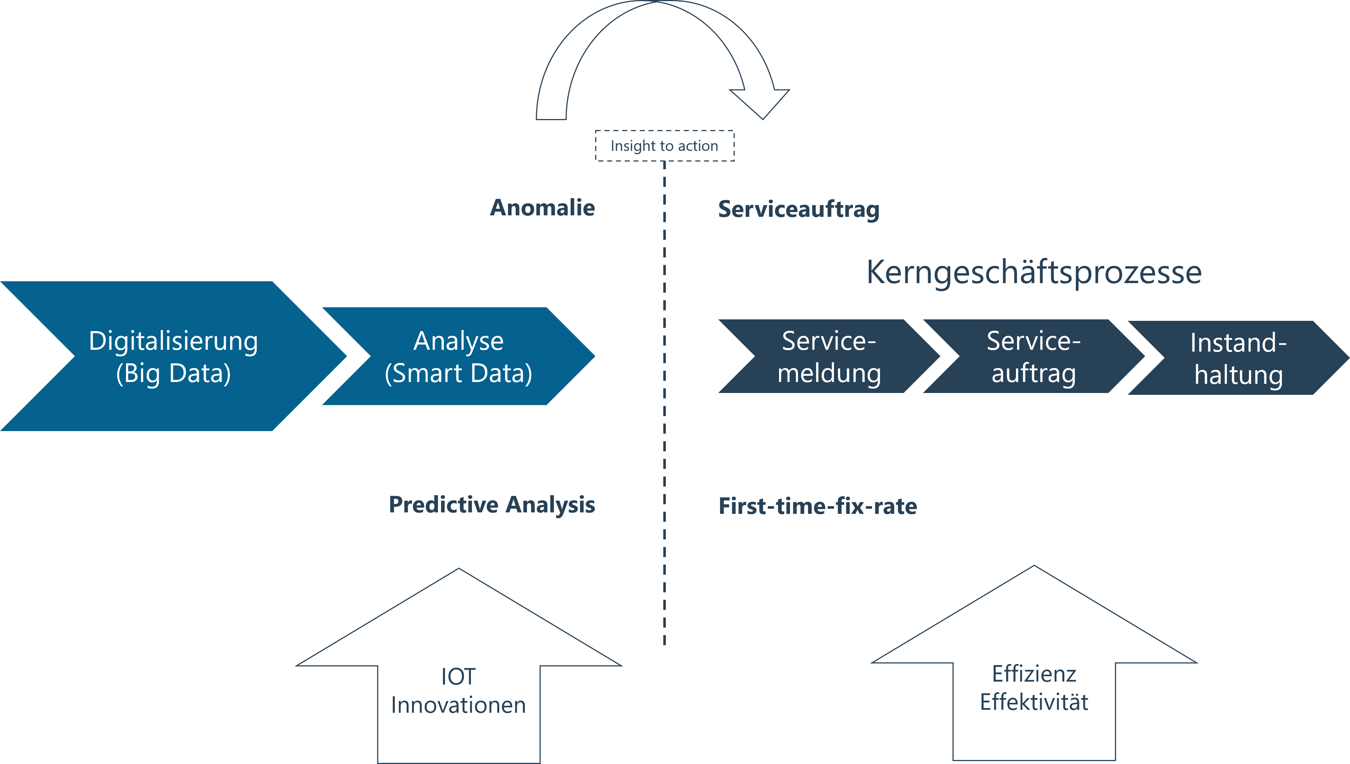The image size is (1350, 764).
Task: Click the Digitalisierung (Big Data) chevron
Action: (x=173, y=356)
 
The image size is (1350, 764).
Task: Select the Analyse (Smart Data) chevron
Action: (x=459, y=356)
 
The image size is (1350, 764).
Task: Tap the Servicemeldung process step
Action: (x=829, y=356)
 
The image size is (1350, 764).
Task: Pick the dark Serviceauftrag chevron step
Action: (x=1034, y=356)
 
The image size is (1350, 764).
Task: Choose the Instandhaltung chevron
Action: (x=1238, y=358)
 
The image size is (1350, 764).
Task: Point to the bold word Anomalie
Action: (x=542, y=208)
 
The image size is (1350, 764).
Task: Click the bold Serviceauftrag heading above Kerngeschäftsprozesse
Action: (x=798, y=210)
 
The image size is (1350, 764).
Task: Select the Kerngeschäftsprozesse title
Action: (x=1034, y=273)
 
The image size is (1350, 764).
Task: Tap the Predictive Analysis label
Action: (x=492, y=505)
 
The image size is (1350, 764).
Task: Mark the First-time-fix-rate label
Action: (x=817, y=507)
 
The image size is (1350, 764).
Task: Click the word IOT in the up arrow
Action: (x=458, y=677)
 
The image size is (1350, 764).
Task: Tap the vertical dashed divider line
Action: (x=664, y=403)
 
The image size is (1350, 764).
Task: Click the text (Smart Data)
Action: (x=459, y=374)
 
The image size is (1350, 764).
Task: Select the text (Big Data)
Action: (x=173, y=374)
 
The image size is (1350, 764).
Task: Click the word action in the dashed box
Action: (x=698, y=146)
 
